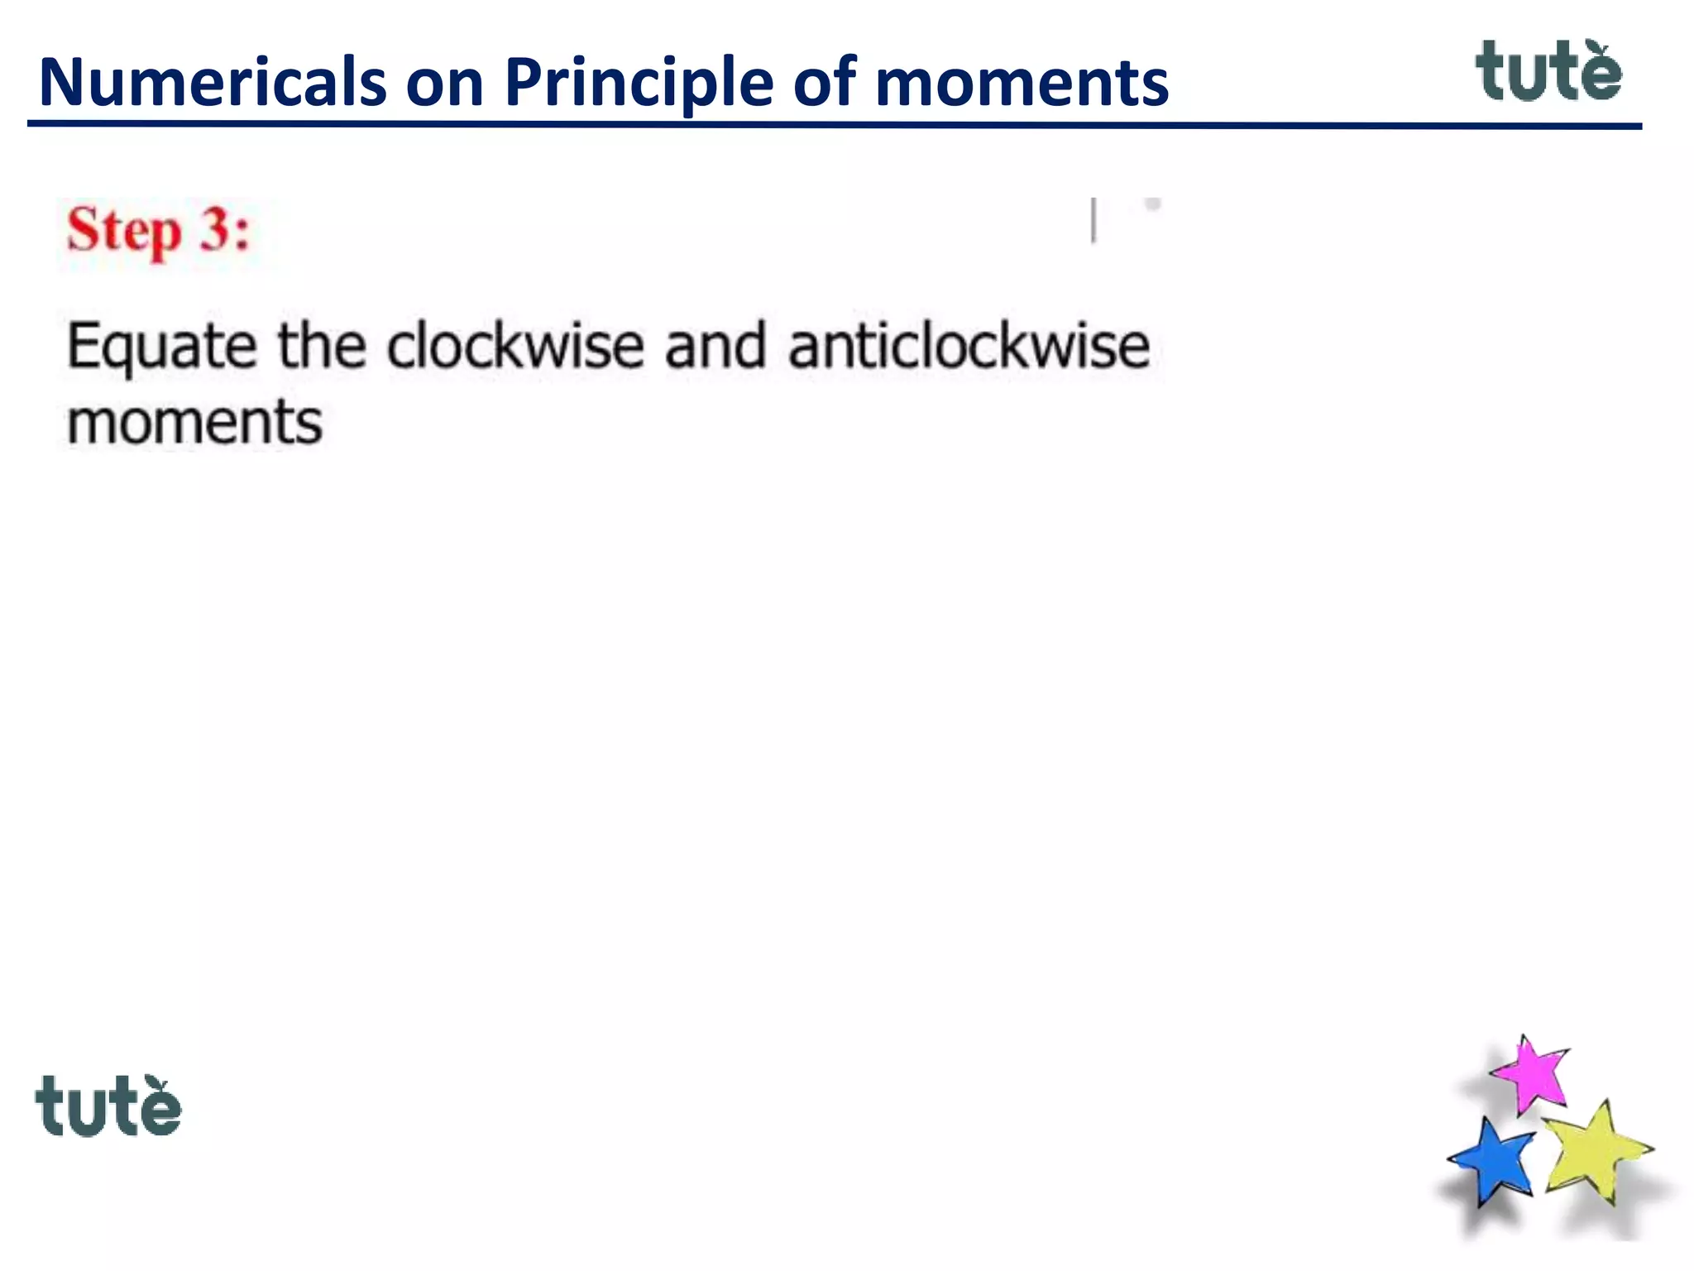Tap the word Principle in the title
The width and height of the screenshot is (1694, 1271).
[639, 83]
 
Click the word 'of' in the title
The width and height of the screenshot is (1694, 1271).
[823, 83]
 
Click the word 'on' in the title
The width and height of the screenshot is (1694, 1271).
[444, 83]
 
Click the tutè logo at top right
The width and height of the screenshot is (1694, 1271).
[1548, 72]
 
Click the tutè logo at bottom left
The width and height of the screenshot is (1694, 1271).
[108, 1106]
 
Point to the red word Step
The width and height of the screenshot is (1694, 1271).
[124, 231]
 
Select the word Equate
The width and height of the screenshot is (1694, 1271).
[161, 348]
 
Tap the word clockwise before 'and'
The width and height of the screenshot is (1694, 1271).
[514, 346]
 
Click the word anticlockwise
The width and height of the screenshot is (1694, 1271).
[969, 346]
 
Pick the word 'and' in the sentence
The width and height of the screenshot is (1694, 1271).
[715, 346]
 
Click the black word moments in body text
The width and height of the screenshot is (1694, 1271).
[194, 423]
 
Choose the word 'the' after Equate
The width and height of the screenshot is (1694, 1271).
[322, 346]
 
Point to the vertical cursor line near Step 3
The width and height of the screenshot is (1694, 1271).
[1093, 220]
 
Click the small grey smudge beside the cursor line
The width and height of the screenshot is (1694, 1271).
[1152, 204]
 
